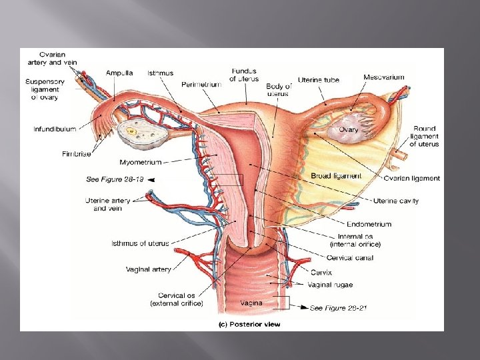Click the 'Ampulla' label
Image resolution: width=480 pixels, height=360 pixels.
[x=119, y=73]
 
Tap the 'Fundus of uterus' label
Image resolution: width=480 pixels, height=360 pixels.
[x=244, y=75]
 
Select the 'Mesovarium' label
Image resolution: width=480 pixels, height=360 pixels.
[x=384, y=77]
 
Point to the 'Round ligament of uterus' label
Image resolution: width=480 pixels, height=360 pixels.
[x=424, y=136]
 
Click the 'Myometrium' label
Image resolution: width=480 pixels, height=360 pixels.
[x=140, y=161]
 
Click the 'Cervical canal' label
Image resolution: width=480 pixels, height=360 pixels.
[x=350, y=258]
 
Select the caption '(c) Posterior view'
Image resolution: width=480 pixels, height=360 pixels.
[x=249, y=325]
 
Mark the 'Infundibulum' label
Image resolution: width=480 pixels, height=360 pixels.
[x=55, y=129]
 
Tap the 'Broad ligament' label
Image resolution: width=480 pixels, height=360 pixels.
[x=336, y=176]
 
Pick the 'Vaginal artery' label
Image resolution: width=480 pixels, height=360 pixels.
[x=148, y=269]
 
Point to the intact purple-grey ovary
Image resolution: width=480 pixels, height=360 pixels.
[x=345, y=133]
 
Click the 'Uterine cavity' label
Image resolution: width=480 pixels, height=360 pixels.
[x=396, y=201]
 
